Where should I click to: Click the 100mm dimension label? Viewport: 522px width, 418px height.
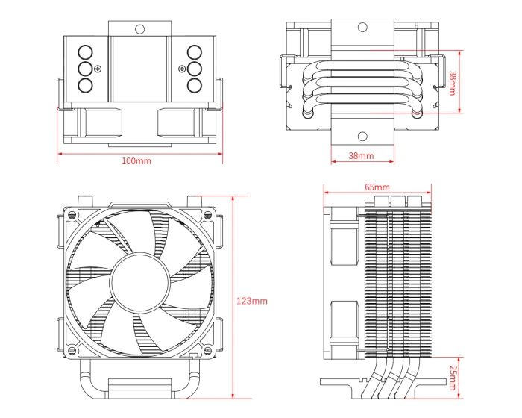pyautogui.click(x=136, y=161)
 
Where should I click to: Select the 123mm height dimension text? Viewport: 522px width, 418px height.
pyautogui.click(x=251, y=301)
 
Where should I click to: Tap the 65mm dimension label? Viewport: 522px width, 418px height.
pyautogui.click(x=377, y=186)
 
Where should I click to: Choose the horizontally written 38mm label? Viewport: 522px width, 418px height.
pyautogui.click(x=361, y=156)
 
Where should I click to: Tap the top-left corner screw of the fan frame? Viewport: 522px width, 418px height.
pyautogui.click(x=72, y=214)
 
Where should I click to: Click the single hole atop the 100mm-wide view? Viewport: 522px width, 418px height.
pyautogui.click(x=139, y=28)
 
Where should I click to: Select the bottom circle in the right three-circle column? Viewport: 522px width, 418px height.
pyautogui.click(x=194, y=84)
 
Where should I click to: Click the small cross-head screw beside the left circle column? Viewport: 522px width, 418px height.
pyautogui.click(x=97, y=69)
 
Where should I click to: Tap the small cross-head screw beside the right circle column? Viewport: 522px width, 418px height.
pyautogui.click(x=182, y=69)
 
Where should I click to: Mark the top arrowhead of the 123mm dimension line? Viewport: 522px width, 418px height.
pyautogui.click(x=233, y=199)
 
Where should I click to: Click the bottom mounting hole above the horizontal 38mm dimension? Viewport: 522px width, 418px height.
pyautogui.click(x=362, y=136)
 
